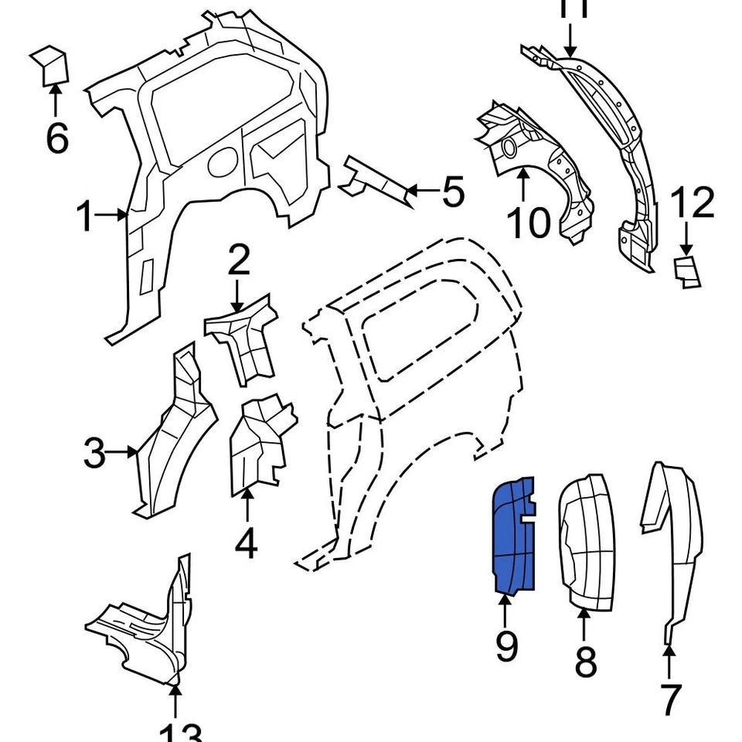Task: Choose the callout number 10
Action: pos(529,222)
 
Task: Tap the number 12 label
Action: pos(693,203)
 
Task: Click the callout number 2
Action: pos(239,261)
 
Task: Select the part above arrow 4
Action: pos(259,444)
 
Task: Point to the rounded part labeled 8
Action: pos(585,541)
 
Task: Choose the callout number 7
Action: pos(669,699)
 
